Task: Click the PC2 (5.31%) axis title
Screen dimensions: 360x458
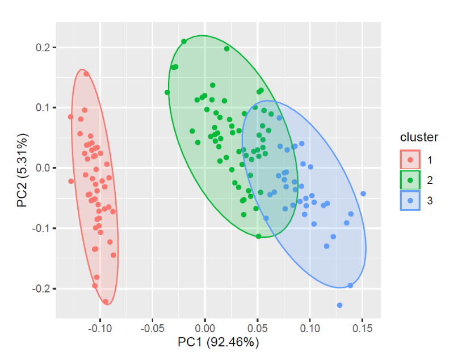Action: (x=23, y=169)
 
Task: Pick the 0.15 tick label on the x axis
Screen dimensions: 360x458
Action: (x=362, y=328)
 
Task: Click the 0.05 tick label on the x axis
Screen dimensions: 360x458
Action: (x=257, y=328)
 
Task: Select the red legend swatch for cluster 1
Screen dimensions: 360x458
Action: (x=410, y=160)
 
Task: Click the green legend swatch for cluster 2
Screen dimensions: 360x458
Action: (x=410, y=180)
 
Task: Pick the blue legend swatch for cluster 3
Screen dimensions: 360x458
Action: (x=410, y=200)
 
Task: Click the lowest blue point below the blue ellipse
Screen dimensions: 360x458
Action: (x=339, y=305)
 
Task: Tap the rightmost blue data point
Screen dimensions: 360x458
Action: (x=363, y=194)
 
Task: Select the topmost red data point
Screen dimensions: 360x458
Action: (x=86, y=74)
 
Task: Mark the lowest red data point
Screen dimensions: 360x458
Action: (x=106, y=302)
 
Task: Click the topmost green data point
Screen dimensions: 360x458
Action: (x=184, y=41)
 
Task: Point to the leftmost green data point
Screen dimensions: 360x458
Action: (x=167, y=93)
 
